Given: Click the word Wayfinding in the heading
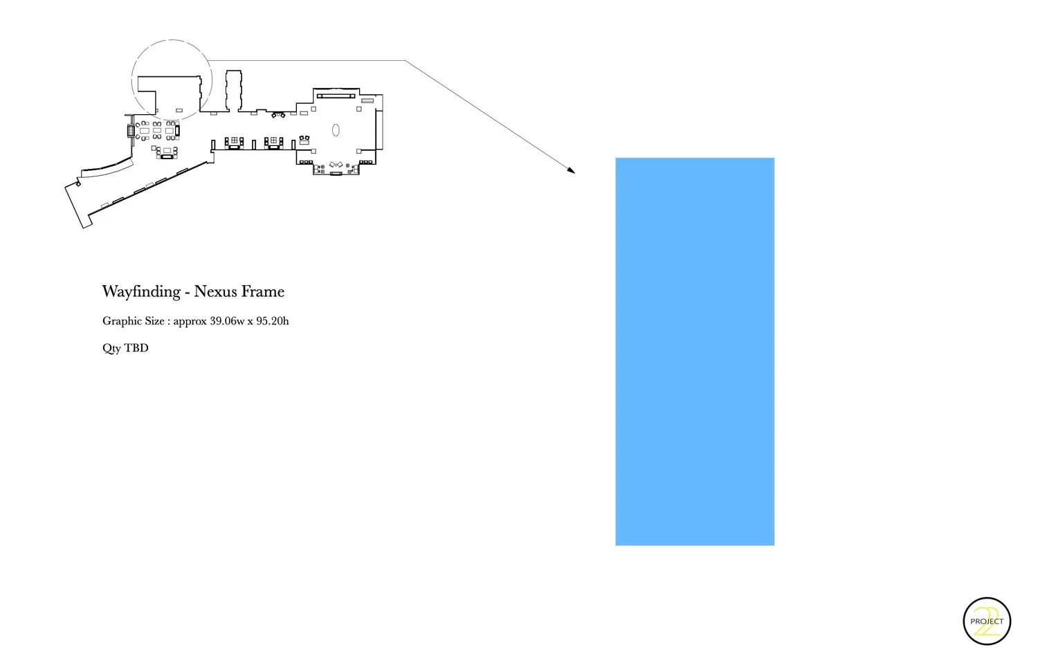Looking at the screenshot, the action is click(141, 292).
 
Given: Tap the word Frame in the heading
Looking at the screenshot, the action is click(263, 291).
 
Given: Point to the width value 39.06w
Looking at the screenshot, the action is click(227, 321).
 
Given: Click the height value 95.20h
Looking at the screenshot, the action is click(273, 321).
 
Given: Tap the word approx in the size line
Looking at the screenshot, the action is click(190, 322).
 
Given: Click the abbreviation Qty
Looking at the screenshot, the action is click(111, 348).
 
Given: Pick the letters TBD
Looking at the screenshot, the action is click(136, 348).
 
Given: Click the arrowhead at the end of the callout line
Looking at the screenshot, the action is click(572, 170).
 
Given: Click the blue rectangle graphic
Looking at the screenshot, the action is click(695, 352).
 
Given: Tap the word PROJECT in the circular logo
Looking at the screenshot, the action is click(987, 621).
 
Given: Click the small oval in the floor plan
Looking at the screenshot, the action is click(336, 129).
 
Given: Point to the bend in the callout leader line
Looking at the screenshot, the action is click(405, 61).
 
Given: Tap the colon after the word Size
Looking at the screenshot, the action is click(168, 322).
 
